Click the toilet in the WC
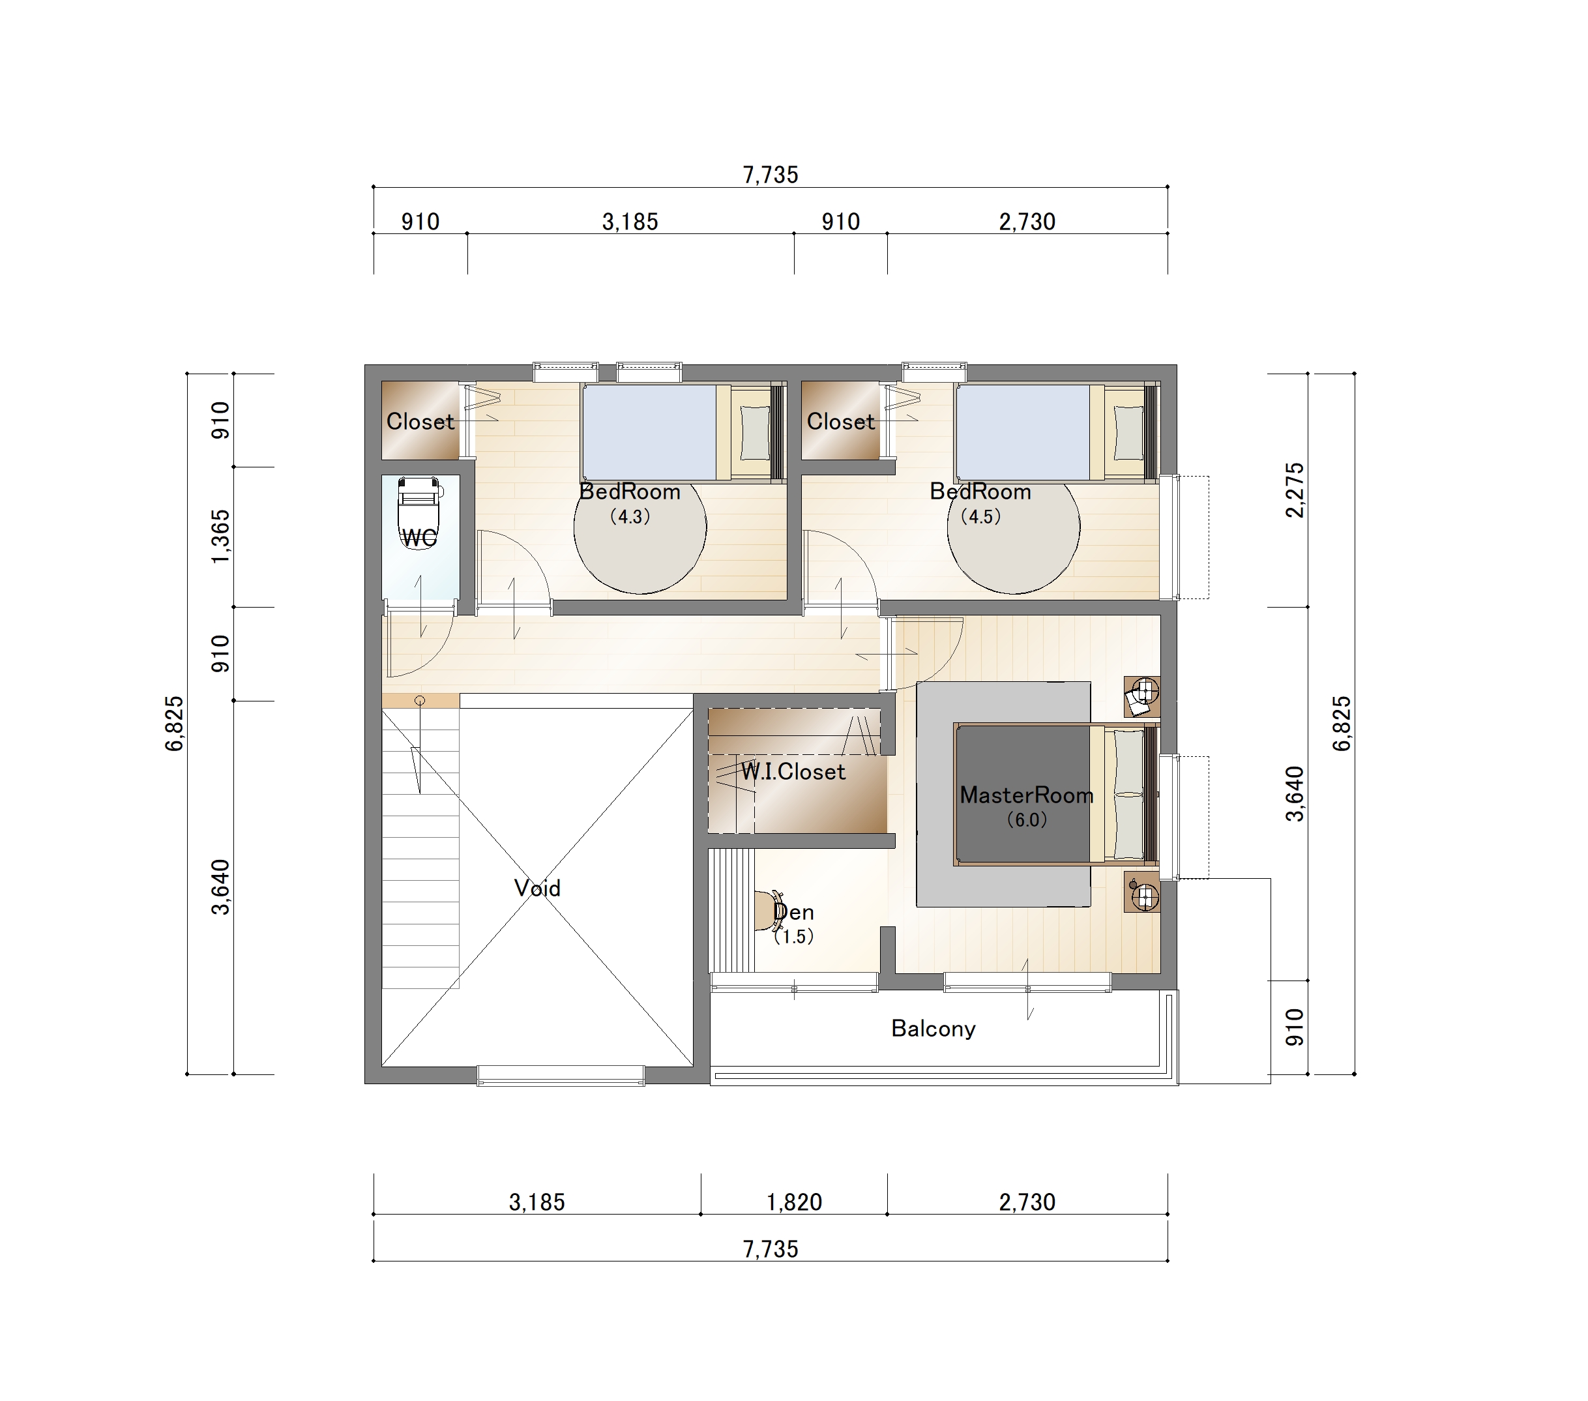tap(419, 513)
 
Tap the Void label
tap(537, 887)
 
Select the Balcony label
tap(933, 1028)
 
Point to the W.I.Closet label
tap(793, 772)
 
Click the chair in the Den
tap(769, 911)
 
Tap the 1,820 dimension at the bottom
tap(794, 1202)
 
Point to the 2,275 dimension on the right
tap(1295, 490)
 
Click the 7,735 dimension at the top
tap(770, 175)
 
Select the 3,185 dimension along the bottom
tap(537, 1202)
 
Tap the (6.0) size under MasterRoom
tap(1026, 819)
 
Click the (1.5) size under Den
tap(793, 936)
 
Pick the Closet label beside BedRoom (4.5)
tap(841, 421)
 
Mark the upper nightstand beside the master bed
tap(1142, 696)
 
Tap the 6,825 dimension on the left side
tap(174, 724)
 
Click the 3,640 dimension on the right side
tap(1295, 793)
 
